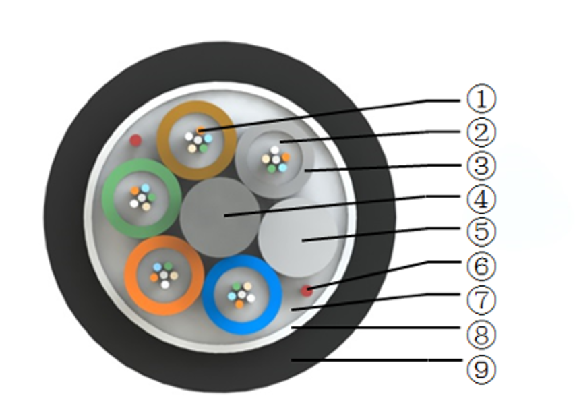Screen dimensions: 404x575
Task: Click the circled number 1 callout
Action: coord(481,99)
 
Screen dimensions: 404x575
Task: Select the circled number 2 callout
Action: coord(481,132)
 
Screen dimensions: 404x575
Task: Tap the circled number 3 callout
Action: coord(481,165)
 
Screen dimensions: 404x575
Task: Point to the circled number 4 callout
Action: coord(481,198)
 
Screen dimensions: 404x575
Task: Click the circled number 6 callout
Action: coord(481,266)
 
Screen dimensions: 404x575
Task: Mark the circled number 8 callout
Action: coord(481,333)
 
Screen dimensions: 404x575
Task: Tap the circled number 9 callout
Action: coord(481,368)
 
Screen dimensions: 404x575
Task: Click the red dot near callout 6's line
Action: coord(307,291)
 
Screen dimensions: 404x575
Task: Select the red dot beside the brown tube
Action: coord(135,141)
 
